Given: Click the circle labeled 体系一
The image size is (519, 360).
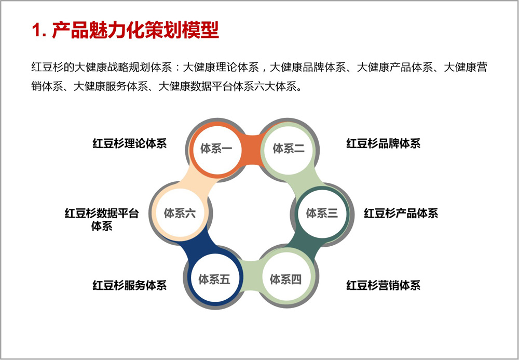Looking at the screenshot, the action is (216, 149).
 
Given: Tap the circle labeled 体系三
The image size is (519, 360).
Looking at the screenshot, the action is (322, 214).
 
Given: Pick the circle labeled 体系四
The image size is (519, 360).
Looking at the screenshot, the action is (285, 279).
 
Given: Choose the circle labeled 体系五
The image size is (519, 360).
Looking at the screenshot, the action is (214, 279).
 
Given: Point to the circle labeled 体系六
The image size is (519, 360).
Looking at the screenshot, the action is (180, 214).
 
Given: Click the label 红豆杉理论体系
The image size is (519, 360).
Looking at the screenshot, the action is (129, 143).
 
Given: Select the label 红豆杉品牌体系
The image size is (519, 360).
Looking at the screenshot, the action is (384, 143).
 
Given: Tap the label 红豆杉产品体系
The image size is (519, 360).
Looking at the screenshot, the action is (401, 214).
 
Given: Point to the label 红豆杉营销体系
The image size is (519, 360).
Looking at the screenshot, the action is (384, 285).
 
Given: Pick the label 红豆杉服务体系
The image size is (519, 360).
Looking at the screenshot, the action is (129, 285).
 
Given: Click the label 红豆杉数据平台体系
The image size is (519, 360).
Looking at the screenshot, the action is (102, 220).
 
